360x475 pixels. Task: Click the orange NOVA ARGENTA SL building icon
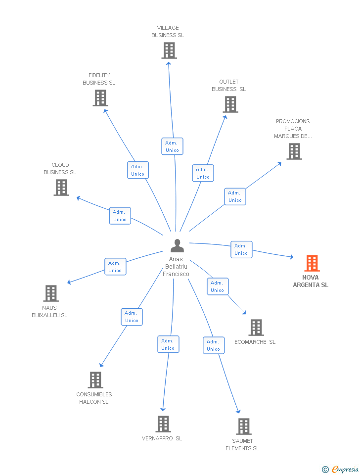coord(312,263)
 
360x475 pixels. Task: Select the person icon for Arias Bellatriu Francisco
coord(177,245)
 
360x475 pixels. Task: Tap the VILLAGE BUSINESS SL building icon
coord(169,50)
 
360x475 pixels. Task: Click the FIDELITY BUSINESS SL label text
coord(99,79)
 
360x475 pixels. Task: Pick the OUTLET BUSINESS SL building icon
coord(230,104)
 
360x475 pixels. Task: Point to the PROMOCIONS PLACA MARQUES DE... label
coord(293,129)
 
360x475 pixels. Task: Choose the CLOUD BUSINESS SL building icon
coord(61,188)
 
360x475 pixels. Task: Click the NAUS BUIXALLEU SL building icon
coord(51,293)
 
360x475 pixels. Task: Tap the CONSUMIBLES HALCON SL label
coord(94,398)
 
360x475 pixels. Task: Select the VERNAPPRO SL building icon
coord(163,424)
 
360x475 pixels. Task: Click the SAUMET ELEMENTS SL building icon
coord(243,427)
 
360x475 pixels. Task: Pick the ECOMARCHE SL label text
coord(255,342)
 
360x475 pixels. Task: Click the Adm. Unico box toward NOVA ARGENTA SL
coord(241,249)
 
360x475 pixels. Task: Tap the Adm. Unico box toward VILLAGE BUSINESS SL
coord(172,146)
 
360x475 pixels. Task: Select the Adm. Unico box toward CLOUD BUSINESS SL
coord(120,216)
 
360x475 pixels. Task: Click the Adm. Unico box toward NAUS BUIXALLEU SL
coord(115,267)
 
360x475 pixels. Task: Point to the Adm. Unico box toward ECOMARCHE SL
coord(217,286)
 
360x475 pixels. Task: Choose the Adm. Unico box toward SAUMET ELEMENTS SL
coord(213,345)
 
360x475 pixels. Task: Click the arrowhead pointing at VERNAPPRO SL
coord(162,409)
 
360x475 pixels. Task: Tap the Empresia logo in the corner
coord(341,469)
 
